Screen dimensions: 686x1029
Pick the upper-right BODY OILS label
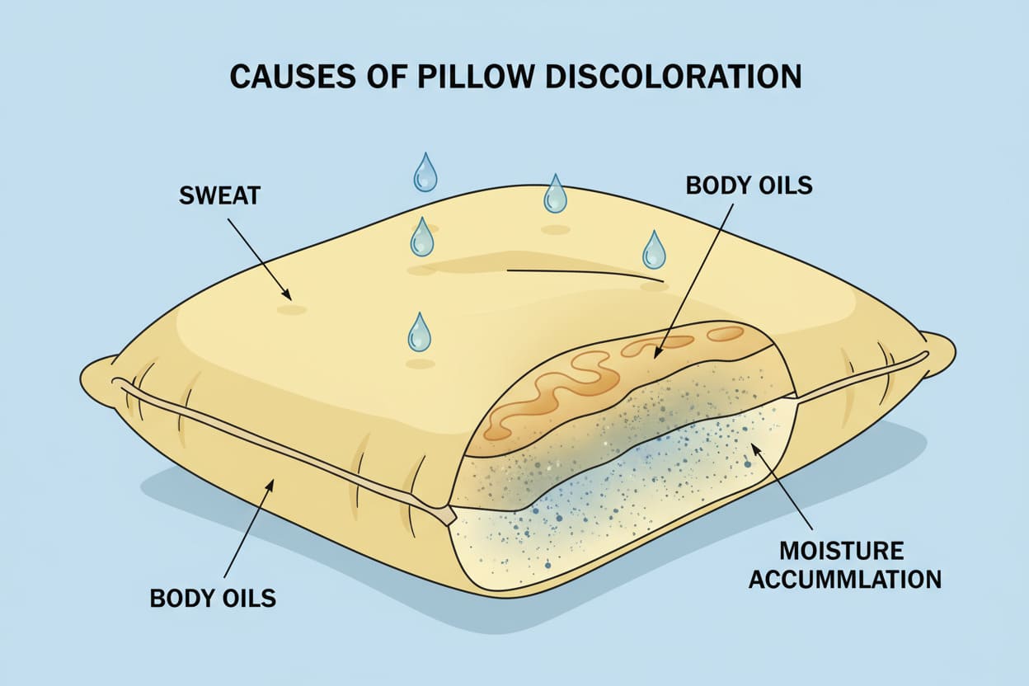point(749,185)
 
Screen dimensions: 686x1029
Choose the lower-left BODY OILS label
point(214,597)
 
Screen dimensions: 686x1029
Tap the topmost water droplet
point(425,171)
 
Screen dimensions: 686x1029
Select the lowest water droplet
point(419,331)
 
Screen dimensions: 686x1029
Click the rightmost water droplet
point(654,250)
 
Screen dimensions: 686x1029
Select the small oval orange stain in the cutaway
point(725,333)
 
